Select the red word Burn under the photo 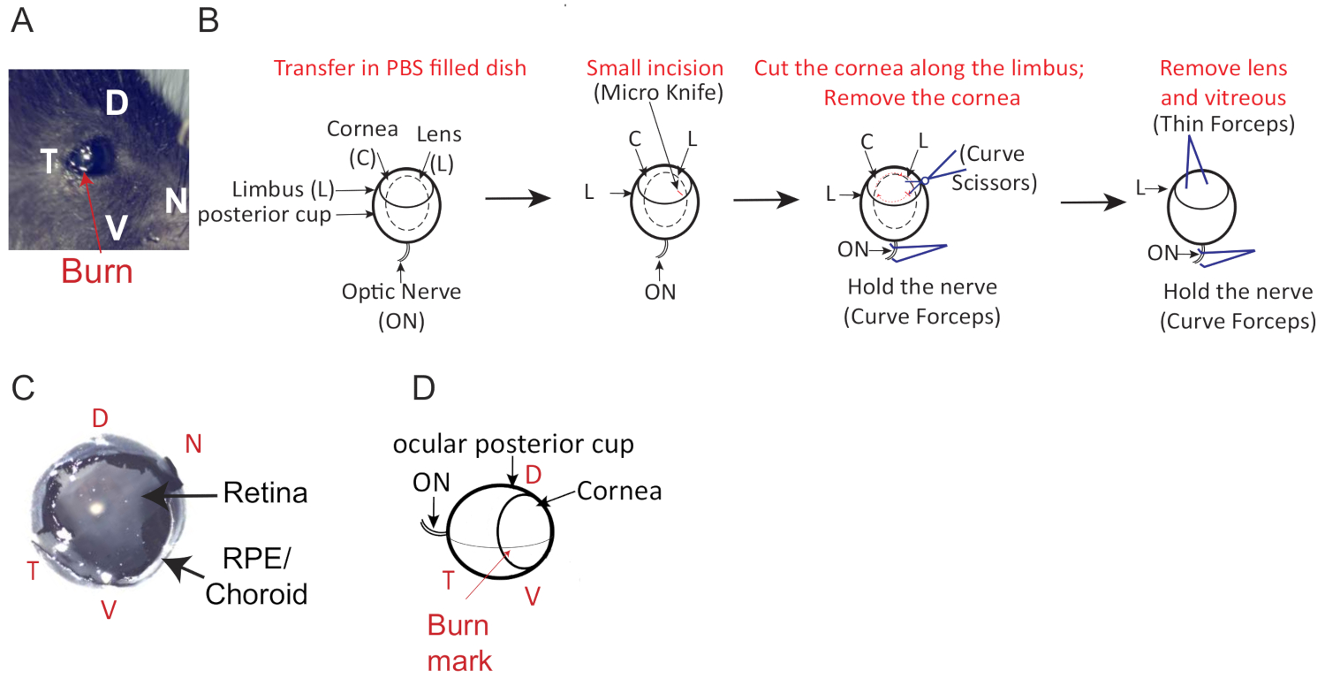pyautogui.click(x=96, y=271)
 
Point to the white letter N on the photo pyautogui.click(x=177, y=202)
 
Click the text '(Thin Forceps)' pyautogui.click(x=1223, y=126)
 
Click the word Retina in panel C pyautogui.click(x=265, y=493)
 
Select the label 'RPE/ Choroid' pyautogui.click(x=256, y=578)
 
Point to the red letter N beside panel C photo pyautogui.click(x=193, y=444)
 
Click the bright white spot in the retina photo pyautogui.click(x=95, y=507)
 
